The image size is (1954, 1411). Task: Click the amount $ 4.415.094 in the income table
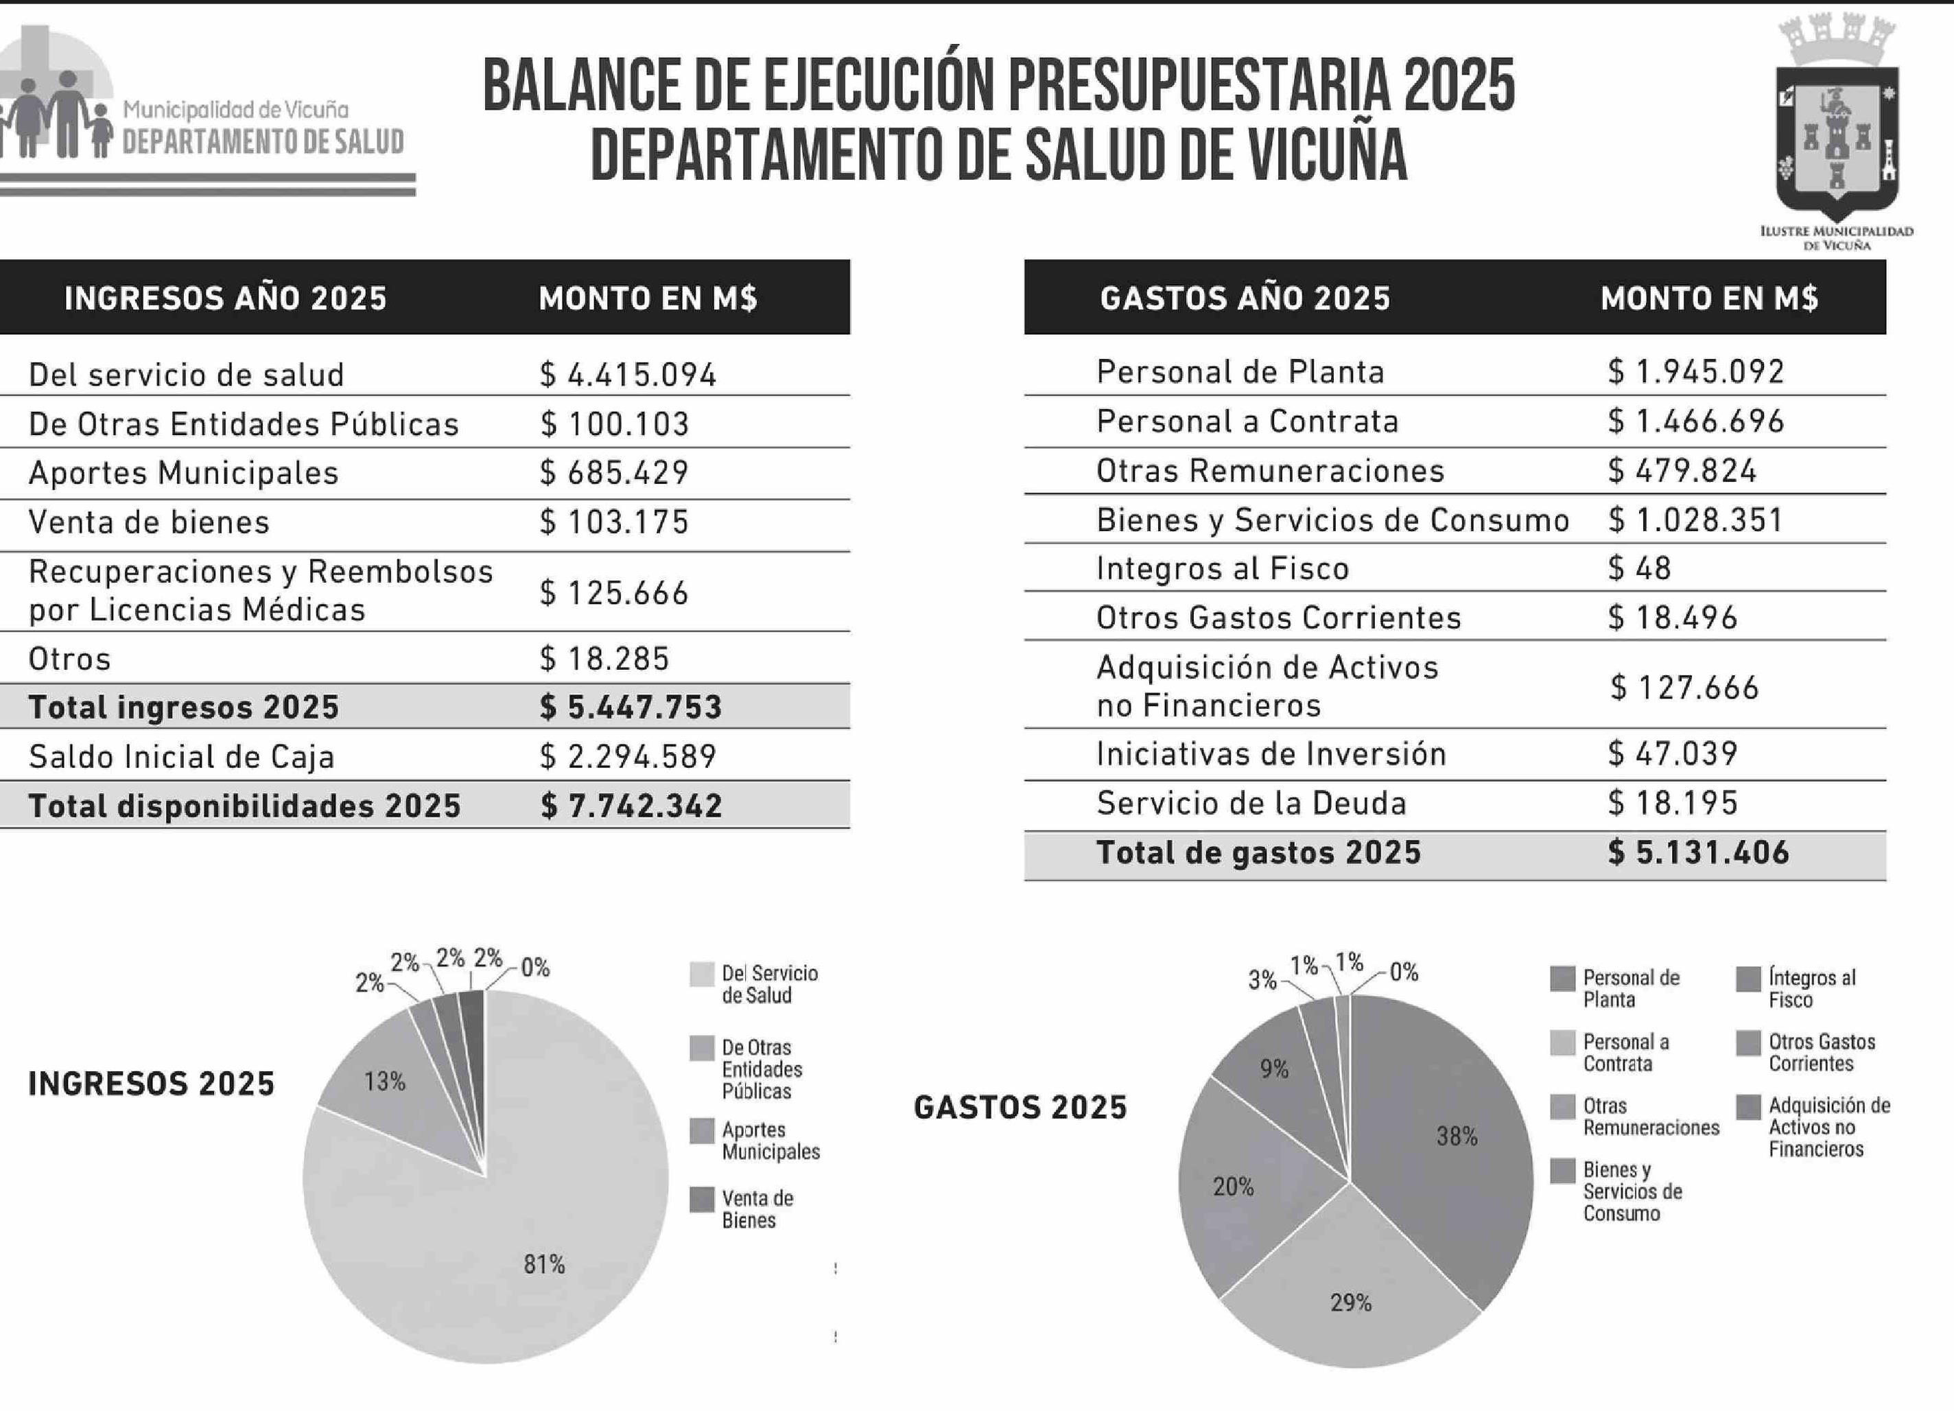point(628,375)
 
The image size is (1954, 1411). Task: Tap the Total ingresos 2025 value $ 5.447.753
point(631,707)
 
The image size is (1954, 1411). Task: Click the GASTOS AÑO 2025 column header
point(1245,299)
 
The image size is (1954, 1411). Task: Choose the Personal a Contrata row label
point(1247,421)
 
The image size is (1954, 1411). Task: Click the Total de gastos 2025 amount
point(1698,853)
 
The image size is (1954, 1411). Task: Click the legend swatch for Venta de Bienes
point(702,1200)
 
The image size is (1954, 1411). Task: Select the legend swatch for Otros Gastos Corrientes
point(1749,1043)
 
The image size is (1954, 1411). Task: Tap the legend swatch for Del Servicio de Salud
point(702,975)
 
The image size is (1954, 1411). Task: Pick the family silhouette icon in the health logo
point(57,117)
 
